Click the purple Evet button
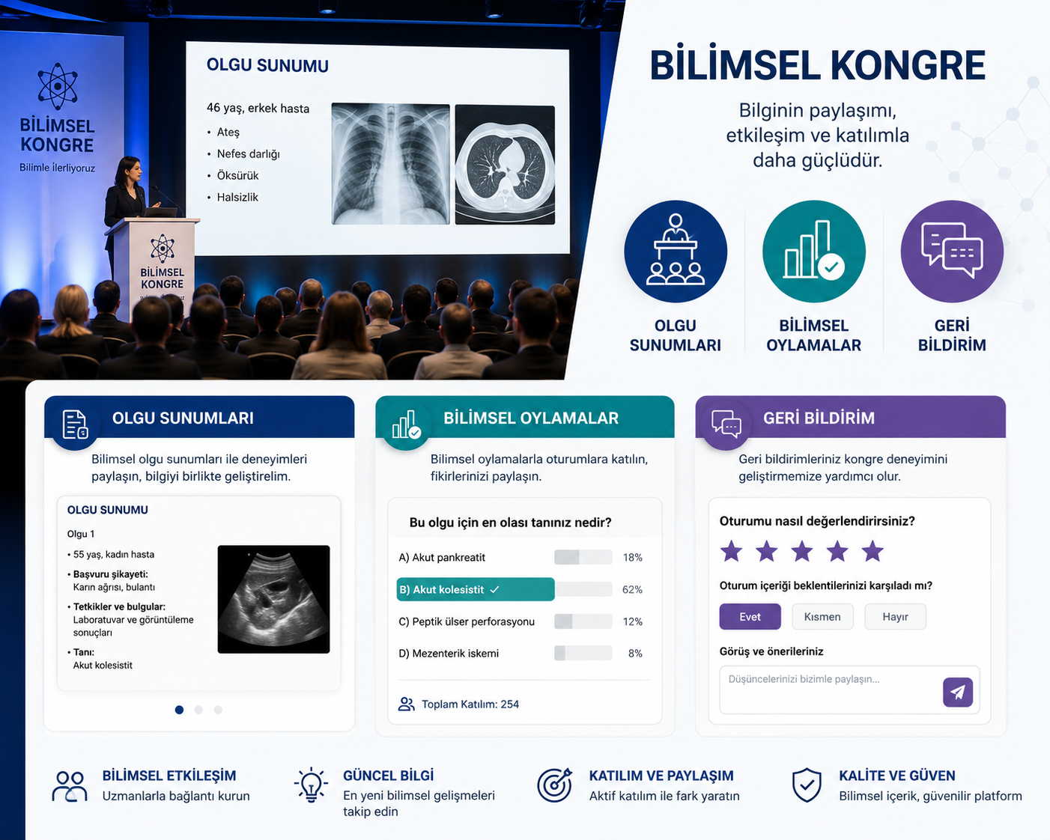click(x=750, y=617)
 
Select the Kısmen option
click(x=822, y=617)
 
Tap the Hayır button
click(x=895, y=617)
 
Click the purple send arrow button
click(x=958, y=693)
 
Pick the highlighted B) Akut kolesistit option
click(x=476, y=589)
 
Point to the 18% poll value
click(x=632, y=558)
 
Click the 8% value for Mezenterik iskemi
click(x=635, y=654)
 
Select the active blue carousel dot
click(x=179, y=710)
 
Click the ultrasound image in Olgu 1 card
click(x=273, y=599)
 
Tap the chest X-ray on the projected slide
click(x=390, y=164)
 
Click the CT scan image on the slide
click(x=505, y=165)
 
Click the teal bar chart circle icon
click(x=814, y=252)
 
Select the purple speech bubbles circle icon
click(x=952, y=252)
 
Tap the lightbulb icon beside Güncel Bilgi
click(x=311, y=785)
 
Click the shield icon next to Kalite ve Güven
click(x=807, y=785)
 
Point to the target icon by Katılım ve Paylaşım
click(x=555, y=785)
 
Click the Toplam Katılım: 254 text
click(x=470, y=704)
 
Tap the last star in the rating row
click(x=873, y=551)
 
